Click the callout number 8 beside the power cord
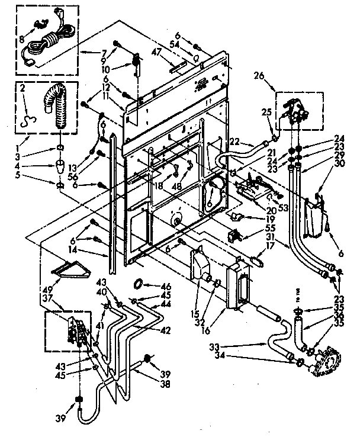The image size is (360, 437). click(22, 41)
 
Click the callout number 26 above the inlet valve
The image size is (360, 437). click(274, 76)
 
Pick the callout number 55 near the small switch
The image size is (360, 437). click(253, 228)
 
